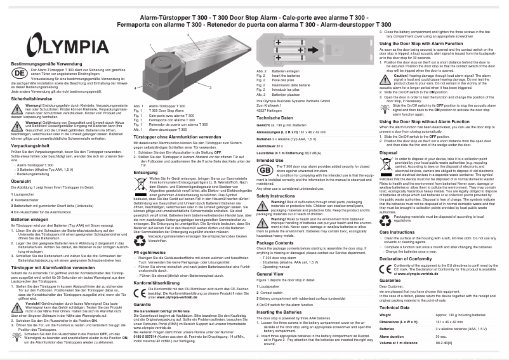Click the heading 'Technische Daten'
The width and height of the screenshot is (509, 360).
(x=274, y=118)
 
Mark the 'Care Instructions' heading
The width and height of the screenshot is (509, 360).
(x=401, y=232)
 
